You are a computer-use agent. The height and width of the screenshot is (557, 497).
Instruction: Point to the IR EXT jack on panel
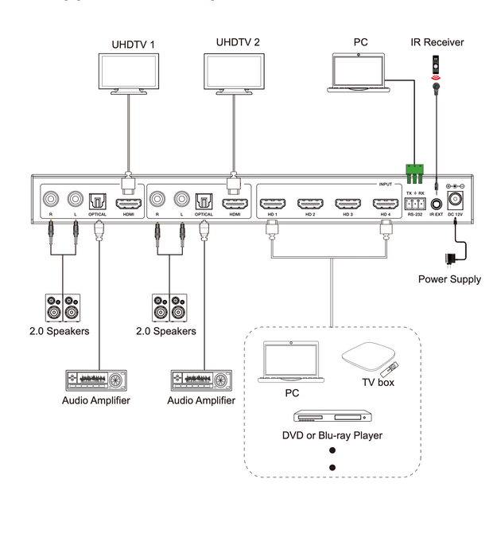(436, 202)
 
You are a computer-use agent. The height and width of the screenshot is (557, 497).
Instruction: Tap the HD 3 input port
(348, 203)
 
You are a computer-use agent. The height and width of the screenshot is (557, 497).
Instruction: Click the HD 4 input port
(386, 203)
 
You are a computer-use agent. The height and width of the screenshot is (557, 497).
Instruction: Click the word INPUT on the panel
(386, 184)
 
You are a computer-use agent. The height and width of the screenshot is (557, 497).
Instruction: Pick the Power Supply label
(449, 279)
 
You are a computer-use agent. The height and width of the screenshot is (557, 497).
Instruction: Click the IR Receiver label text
(437, 41)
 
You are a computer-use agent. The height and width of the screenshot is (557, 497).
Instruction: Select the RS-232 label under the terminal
(415, 214)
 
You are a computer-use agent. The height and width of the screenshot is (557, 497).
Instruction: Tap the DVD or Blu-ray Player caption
(332, 435)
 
